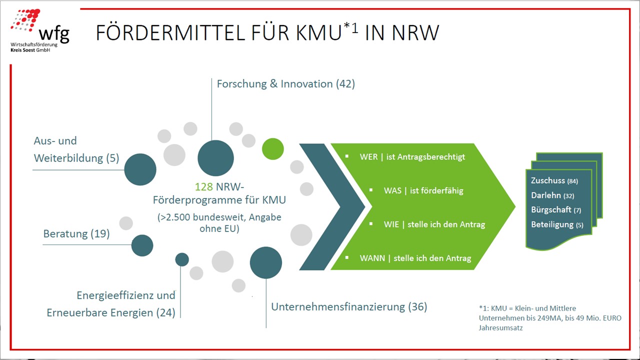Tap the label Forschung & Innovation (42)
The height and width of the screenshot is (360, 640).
[x=285, y=84]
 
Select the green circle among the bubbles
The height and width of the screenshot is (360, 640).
[x=273, y=149]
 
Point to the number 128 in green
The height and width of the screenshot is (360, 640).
[x=203, y=187]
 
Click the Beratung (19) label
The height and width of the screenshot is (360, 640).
[x=76, y=233]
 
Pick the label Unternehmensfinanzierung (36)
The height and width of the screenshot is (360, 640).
[x=349, y=306]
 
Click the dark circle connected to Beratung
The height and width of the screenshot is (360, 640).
[x=142, y=245]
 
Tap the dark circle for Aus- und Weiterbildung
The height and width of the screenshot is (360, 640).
[x=140, y=169]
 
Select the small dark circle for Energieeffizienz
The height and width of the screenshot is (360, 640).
[x=182, y=259]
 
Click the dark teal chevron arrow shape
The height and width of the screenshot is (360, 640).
[x=332, y=206]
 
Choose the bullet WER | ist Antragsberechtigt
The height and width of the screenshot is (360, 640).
[x=412, y=157]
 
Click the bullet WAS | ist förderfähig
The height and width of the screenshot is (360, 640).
[x=423, y=190]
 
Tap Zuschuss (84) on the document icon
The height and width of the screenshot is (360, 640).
[x=554, y=180]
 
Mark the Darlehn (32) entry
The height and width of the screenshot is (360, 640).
[x=552, y=195]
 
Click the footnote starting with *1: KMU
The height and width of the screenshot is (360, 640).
[x=549, y=318]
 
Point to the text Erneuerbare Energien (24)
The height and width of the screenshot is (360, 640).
[x=111, y=313]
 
